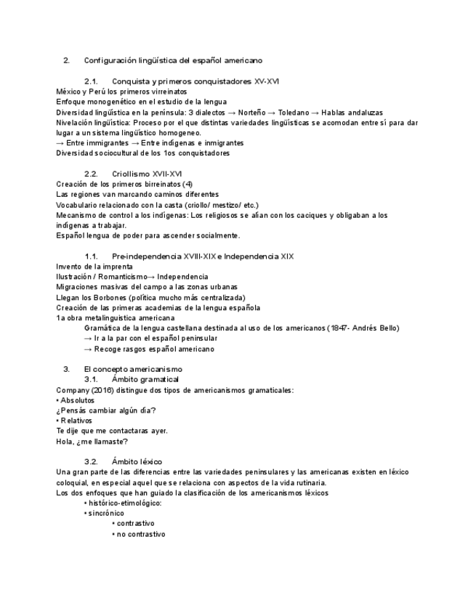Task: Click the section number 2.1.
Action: pyautogui.click(x=91, y=81)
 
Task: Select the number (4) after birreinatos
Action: pyautogui.click(x=187, y=184)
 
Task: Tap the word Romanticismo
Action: pyautogui.click(x=121, y=277)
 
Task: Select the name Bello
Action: pyautogui.click(x=387, y=328)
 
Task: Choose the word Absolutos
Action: pyautogui.click(x=77, y=400)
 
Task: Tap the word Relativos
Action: pyautogui.click(x=76, y=421)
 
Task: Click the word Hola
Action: pyautogui.click(x=65, y=441)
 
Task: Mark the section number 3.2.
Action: pyautogui.click(x=91, y=461)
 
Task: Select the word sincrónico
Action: pyautogui.click(x=106, y=513)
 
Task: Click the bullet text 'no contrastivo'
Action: pyautogui.click(x=140, y=534)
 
